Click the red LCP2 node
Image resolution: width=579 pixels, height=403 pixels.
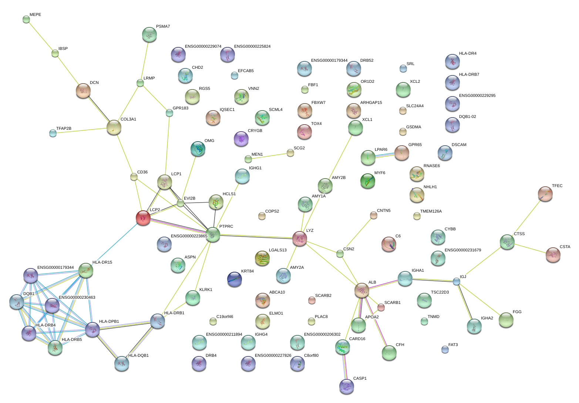pyautogui.click(x=143, y=218)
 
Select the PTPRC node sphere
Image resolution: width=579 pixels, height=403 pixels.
pyautogui.click(x=213, y=234)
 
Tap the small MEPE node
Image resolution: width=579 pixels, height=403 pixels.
pyautogui.click(x=26, y=19)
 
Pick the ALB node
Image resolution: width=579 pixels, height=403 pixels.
pyautogui.click(x=362, y=290)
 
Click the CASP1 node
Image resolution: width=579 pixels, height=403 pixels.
pyautogui.click(x=347, y=386)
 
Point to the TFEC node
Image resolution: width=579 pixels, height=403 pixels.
pyautogui.click(x=545, y=194)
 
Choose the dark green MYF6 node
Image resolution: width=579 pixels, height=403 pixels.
pyautogui.click(x=368, y=181)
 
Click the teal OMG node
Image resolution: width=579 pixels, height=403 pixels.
pyautogui.click(x=198, y=149)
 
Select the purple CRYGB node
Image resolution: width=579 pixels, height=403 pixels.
pyautogui.click(x=241, y=139)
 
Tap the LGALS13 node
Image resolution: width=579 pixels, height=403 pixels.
pyautogui.click(x=262, y=258)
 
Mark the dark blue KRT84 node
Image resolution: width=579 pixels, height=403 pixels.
pyautogui.click(x=235, y=279)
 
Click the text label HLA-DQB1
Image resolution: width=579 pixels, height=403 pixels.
pyautogui.click(x=138, y=356)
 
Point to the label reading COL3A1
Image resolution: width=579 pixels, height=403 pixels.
pyautogui.click(x=128, y=119)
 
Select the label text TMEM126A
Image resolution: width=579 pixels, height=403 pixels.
pyautogui.click(x=431, y=211)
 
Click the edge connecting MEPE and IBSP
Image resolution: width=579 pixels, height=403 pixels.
pyautogui.click(x=40, y=36)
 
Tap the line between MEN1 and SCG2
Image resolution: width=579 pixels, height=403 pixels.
pyautogui.click(x=269, y=156)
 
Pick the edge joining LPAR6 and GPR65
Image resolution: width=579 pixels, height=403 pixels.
pyautogui.click(x=385, y=155)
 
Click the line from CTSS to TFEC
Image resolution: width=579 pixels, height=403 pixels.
pyautogui.click(x=526, y=218)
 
